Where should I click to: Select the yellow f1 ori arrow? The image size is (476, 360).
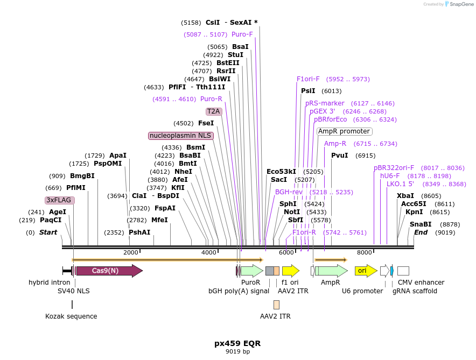point(290,271)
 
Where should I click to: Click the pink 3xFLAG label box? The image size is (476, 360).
point(59,200)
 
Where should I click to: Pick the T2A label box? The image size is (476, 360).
point(214,111)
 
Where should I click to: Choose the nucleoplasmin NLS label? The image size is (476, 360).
point(181,136)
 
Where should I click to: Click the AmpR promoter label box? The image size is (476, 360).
point(344,131)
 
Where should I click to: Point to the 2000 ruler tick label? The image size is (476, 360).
point(131,253)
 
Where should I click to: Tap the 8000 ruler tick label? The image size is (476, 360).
point(365,253)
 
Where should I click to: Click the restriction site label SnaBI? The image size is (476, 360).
point(421,224)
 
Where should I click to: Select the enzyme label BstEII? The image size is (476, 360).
point(228,63)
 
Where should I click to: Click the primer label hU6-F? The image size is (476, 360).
point(390,176)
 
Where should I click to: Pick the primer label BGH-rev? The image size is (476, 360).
point(289,192)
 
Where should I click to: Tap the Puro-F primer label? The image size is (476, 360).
point(242,34)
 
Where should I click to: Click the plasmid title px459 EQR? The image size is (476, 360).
point(237,343)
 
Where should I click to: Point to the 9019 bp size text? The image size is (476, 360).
point(237,352)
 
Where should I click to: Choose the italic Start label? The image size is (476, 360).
point(48,232)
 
